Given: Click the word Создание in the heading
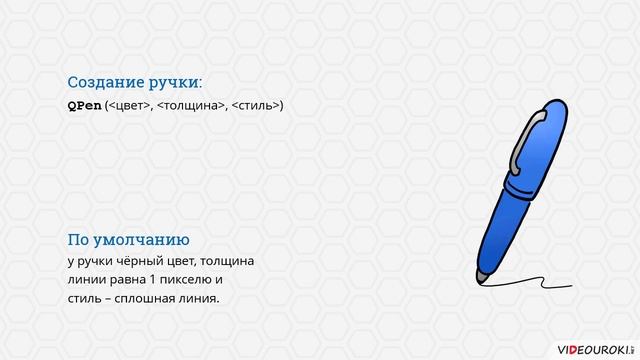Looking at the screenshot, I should point(105,82).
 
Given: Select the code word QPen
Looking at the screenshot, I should point(84,105).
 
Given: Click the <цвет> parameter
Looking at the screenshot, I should point(129,105).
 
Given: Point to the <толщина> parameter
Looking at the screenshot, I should point(192,105).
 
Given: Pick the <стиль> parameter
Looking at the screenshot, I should point(257,105).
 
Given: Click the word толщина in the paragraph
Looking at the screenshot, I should point(229,261).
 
